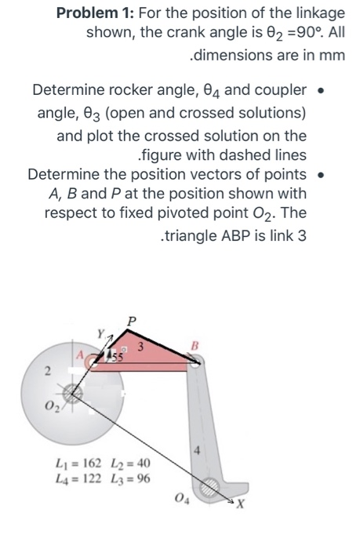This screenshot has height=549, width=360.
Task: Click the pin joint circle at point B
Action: (197, 359)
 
